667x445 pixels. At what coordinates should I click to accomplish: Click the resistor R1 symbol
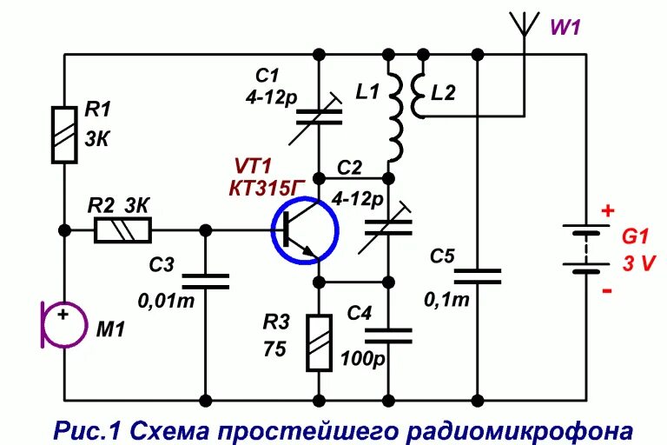(65, 135)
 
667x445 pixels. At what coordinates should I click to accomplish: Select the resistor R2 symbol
(122, 230)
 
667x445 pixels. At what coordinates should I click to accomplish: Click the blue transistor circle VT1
(305, 230)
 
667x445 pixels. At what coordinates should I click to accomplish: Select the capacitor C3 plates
(206, 281)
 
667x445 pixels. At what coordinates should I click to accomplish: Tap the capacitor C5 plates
(478, 276)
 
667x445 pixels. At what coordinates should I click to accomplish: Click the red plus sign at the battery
(607, 210)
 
